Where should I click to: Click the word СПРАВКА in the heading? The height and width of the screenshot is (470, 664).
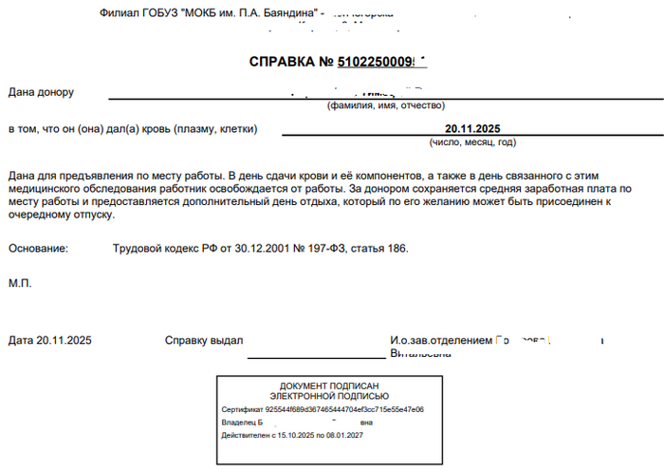[x=281, y=62]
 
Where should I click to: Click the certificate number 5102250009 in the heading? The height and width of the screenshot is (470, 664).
[x=374, y=62]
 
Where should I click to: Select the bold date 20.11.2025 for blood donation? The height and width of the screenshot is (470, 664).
[x=471, y=129]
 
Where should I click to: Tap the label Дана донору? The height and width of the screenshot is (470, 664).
[x=41, y=92]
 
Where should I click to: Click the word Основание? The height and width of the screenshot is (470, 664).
[x=38, y=249]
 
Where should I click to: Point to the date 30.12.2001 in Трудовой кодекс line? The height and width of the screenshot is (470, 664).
[x=250, y=249]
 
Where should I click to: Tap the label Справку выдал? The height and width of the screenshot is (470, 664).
[x=204, y=340]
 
